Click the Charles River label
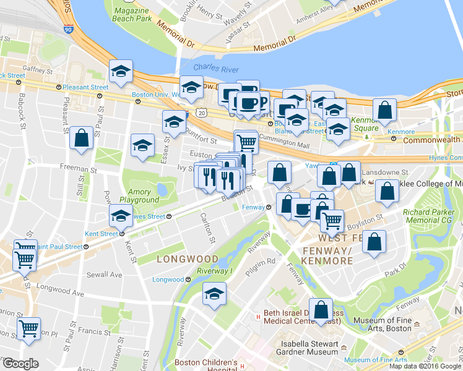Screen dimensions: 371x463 [x=215, y=67]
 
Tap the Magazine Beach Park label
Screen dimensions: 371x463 [x=132, y=14]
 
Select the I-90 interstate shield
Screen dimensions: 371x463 [x=68, y=28]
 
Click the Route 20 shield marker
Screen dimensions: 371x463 [x=199, y=112]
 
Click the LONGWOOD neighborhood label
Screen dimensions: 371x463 [x=187, y=258]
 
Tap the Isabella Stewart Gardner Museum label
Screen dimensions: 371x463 [x=298, y=345]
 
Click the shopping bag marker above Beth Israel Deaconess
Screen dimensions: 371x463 [x=321, y=310]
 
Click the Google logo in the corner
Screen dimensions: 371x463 [x=20, y=364]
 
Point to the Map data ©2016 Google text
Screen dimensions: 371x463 [x=425, y=366]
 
